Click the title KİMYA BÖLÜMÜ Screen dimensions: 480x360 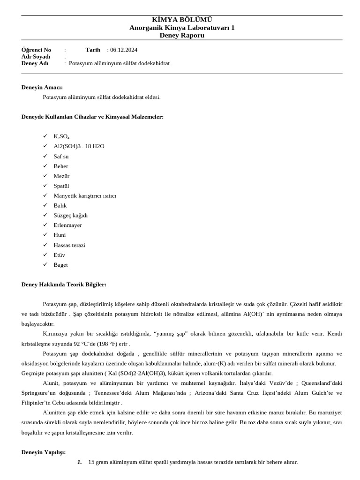pos(182,20)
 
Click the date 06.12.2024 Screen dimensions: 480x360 pos(124,50)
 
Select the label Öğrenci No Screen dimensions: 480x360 pos(36,50)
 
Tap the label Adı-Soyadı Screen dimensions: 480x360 pos(36,56)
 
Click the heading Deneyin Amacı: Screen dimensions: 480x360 pos(42,87)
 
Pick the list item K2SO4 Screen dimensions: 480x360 pos(61,136)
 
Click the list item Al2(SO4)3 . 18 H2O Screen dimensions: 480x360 pos(79,146)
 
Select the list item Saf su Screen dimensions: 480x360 pos(61,156)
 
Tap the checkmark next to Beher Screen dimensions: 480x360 pos(45,166)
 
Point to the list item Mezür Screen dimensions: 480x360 pos(61,176)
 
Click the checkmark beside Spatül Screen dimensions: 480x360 pos(45,186)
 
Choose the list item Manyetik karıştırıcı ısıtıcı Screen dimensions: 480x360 pos(85,195)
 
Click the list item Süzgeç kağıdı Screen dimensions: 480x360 pos(70,215)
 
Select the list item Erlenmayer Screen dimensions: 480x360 pos(67,225)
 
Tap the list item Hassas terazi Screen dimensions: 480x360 pos(69,245)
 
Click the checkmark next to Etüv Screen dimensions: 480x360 pos(45,255)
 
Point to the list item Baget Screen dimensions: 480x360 pos(60,264)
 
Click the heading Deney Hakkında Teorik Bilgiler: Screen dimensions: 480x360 pos(64,285)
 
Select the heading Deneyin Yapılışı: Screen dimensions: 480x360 pos(44,452)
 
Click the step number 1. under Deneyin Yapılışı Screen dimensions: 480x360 pos(79,462)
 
